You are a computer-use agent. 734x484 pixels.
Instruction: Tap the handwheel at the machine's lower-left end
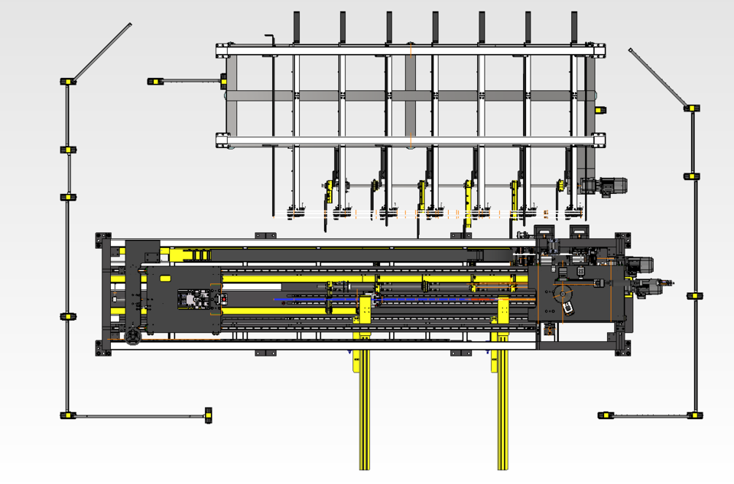pyautogui.click(x=133, y=336)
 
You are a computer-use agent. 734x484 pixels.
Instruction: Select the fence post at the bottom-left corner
pyautogui.click(x=68, y=416)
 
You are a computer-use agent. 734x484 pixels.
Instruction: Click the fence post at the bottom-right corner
pyautogui.click(x=694, y=416)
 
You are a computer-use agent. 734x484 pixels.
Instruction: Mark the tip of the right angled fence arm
pyautogui.click(x=631, y=51)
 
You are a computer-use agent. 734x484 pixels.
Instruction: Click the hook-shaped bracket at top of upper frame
pyautogui.click(x=269, y=38)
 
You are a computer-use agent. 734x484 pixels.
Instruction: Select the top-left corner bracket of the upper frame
pyautogui.click(x=222, y=50)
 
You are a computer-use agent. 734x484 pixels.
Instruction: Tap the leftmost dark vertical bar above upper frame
pyautogui.click(x=296, y=27)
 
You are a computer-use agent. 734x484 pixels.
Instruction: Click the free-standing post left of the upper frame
pyautogui.click(x=154, y=81)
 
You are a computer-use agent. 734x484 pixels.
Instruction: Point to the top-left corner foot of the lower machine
pyautogui.click(x=100, y=239)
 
